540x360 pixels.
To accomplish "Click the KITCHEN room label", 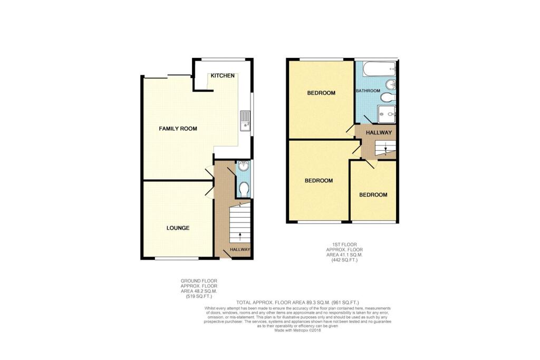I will [223, 76].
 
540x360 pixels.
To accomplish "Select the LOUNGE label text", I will [178, 228].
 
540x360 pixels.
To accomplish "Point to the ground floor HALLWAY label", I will [239, 249].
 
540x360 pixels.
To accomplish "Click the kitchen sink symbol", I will [245, 121].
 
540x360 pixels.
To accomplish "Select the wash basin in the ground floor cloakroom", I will [244, 168].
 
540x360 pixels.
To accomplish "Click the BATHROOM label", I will [368, 91].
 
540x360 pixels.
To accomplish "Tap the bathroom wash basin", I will [391, 85].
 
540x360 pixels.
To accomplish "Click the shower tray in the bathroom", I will [387, 112].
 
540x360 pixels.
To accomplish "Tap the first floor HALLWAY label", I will [380, 133].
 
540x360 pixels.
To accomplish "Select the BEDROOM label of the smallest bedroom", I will [373, 194].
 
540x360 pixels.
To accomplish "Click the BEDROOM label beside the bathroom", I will [321, 93].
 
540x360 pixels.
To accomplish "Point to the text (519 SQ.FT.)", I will [198, 297].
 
